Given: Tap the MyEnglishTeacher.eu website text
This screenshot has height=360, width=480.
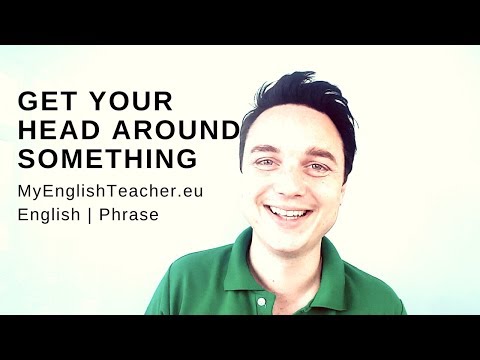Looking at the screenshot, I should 110,190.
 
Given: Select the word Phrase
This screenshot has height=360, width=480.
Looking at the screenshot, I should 130,214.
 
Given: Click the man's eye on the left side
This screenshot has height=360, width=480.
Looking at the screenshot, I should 262,162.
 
